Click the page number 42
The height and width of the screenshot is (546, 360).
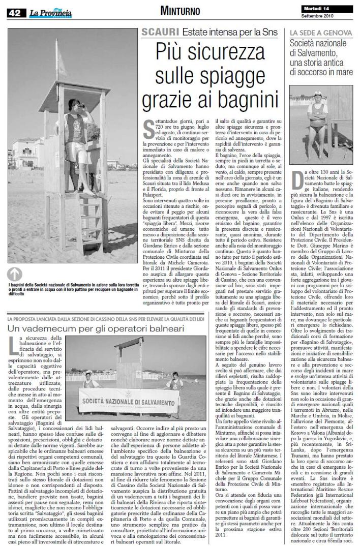14,14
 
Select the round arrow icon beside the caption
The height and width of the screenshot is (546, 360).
15,274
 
